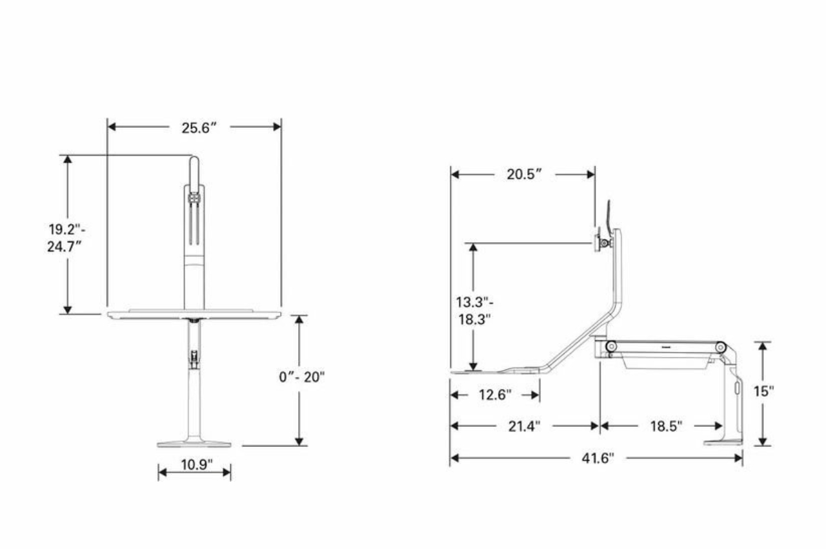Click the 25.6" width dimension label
[x=197, y=127]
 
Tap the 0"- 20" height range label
[x=301, y=377]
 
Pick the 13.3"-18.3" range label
[x=474, y=310]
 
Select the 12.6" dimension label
[x=495, y=395]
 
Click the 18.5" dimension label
[x=661, y=426]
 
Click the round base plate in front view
[x=194, y=443]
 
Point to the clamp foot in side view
[x=723, y=442]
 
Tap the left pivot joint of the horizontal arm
[x=610, y=347]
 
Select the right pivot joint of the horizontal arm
[x=721, y=347]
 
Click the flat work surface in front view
[x=194, y=314]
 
